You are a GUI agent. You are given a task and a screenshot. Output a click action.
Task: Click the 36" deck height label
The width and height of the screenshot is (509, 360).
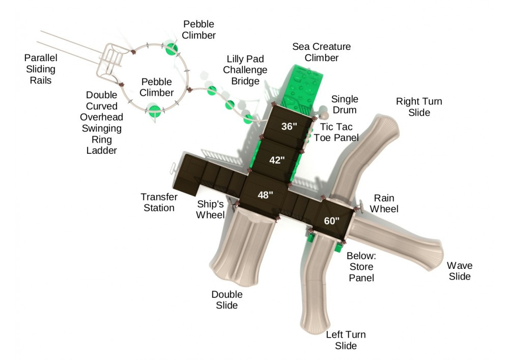289,126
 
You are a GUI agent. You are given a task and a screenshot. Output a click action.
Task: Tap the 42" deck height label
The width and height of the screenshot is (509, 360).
276,160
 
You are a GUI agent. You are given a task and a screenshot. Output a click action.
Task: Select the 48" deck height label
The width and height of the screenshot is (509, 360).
265,195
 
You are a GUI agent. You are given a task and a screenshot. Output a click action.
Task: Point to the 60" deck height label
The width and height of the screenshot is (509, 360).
331,220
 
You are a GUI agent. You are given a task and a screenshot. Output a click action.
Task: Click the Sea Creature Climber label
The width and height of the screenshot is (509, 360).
321,52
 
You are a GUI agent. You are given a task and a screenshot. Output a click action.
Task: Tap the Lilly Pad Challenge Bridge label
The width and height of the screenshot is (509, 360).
245,70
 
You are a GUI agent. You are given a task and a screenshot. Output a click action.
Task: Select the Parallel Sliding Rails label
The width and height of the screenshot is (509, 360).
41,69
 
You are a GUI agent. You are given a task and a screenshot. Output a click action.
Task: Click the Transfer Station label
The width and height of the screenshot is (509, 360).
159,202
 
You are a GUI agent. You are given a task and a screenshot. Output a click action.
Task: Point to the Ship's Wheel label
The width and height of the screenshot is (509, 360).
211,209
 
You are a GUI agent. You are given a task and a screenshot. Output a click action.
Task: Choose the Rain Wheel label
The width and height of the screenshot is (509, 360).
384,203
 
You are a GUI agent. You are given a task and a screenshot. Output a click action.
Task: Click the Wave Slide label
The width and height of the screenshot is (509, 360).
460,271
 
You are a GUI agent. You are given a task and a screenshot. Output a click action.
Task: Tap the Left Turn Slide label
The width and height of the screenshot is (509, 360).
346,340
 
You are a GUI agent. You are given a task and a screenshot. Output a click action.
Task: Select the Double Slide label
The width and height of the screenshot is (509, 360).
227,300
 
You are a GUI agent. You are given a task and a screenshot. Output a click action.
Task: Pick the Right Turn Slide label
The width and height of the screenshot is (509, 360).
419,107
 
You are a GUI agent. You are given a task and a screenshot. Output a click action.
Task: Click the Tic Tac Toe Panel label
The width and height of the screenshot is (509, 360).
336,132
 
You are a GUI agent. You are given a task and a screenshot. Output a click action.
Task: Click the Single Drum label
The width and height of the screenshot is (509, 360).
345,104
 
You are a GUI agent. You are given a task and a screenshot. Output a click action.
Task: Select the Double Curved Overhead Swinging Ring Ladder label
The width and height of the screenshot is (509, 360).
102,123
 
